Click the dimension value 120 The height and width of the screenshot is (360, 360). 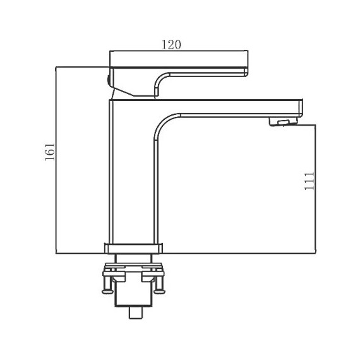click(172, 45)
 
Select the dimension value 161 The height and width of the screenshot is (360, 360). click(50, 152)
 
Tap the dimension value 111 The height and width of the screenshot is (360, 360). click(309, 181)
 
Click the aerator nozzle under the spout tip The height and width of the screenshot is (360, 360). click(284, 121)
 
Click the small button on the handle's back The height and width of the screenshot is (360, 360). click(108, 80)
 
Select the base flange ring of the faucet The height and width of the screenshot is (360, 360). click(133, 248)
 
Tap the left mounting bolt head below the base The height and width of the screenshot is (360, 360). click(107, 291)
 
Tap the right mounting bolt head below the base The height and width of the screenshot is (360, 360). click(159, 291)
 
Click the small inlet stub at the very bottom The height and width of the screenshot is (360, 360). click(136, 313)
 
